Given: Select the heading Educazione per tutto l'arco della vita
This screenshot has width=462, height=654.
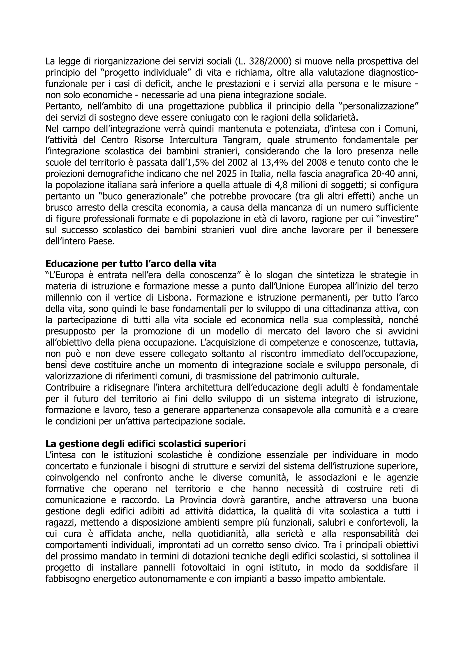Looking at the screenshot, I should (x=131, y=264).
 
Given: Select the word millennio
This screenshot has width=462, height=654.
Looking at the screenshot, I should (x=62, y=298).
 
